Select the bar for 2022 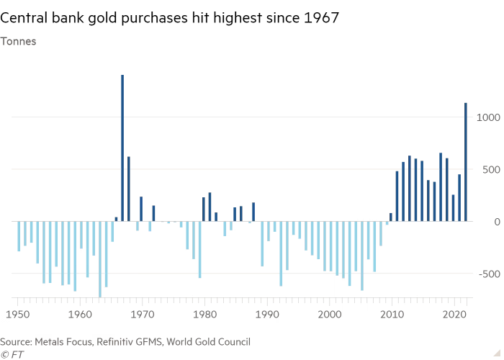(x=466, y=162)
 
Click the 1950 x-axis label (x=18, y=314)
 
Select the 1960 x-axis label (x=81, y=314)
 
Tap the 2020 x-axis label (x=454, y=314)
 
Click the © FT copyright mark (x=12, y=354)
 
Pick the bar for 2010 (x=391, y=217)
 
